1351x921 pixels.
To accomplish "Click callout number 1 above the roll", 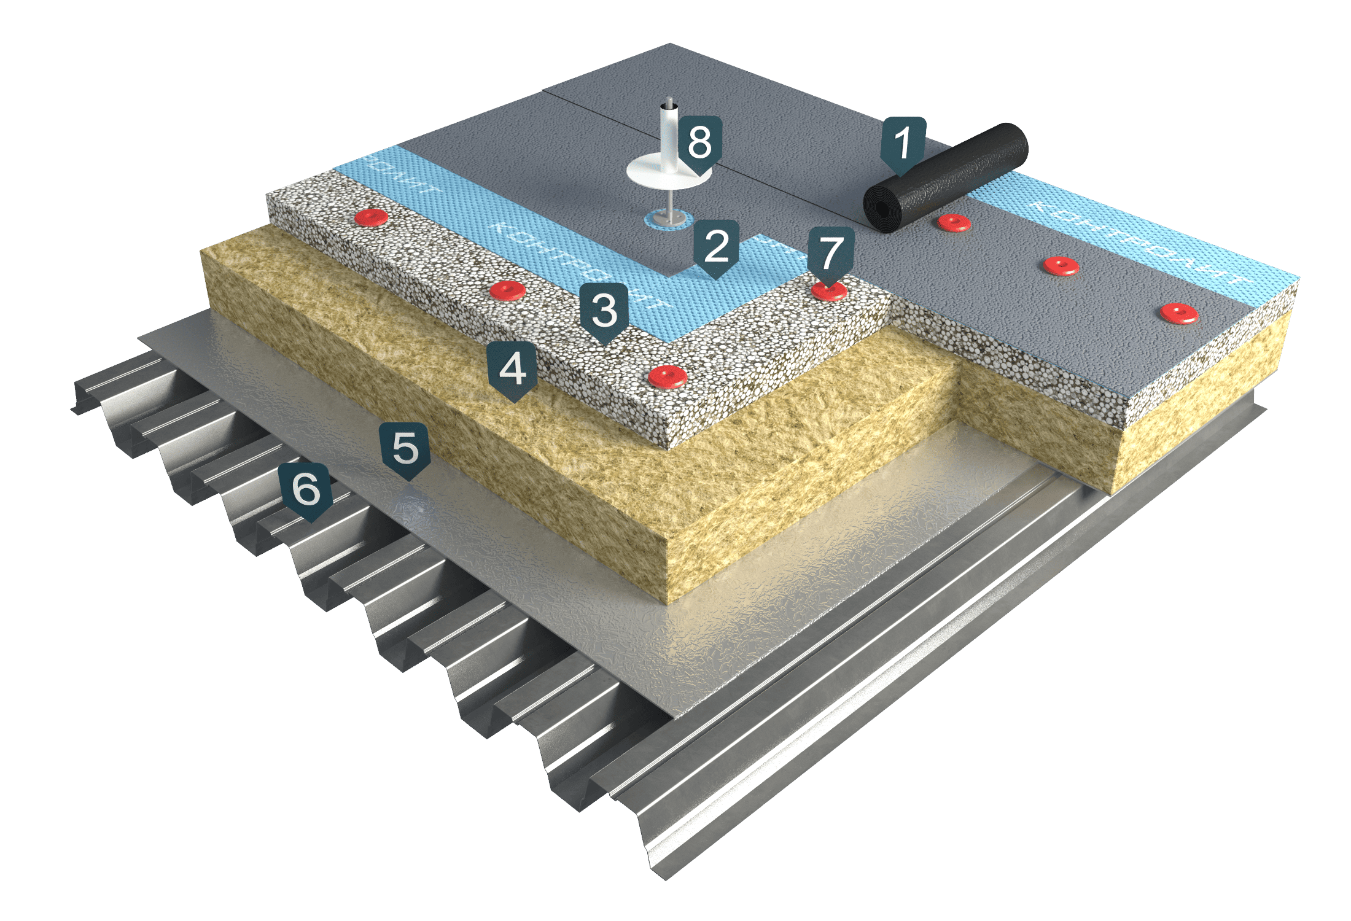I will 902,143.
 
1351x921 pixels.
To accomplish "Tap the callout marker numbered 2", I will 716,246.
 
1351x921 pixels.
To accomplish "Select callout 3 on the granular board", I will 604,310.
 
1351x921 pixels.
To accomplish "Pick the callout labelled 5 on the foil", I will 405,448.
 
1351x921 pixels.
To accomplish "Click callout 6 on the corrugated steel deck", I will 306,489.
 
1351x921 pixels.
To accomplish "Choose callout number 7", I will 831,252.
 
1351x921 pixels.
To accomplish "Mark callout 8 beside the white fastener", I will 699,142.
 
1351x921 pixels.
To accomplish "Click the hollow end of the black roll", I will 883,211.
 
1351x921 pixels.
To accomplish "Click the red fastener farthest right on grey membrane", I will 1179,314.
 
